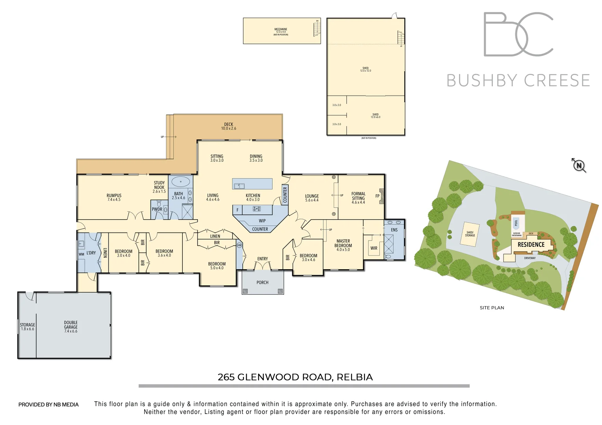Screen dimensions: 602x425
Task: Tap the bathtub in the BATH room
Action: coord(180,182)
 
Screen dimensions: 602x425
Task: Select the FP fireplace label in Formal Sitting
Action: coord(377,196)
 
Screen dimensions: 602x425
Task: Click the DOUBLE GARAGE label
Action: coord(71,325)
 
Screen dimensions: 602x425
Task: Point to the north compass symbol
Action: coord(579,166)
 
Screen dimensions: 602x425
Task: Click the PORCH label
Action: coord(262,283)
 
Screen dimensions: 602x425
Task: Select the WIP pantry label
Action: coord(262,221)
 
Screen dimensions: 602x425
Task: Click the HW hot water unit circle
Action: coord(239,245)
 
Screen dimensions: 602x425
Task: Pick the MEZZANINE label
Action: coord(281,30)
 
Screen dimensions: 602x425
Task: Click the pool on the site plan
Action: coord(516,223)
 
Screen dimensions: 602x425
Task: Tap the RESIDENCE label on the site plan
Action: coord(531,245)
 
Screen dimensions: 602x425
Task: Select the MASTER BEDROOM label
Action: coord(343,243)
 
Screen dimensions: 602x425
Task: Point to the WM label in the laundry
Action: coord(82,254)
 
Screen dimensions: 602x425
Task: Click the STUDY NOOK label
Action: coord(159,185)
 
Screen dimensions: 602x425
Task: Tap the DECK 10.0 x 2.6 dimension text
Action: coord(229,129)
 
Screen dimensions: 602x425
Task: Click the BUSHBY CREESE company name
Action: coord(518,81)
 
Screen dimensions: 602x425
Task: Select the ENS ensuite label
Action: coord(394,230)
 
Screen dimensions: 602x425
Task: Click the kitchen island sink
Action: coord(239,186)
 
